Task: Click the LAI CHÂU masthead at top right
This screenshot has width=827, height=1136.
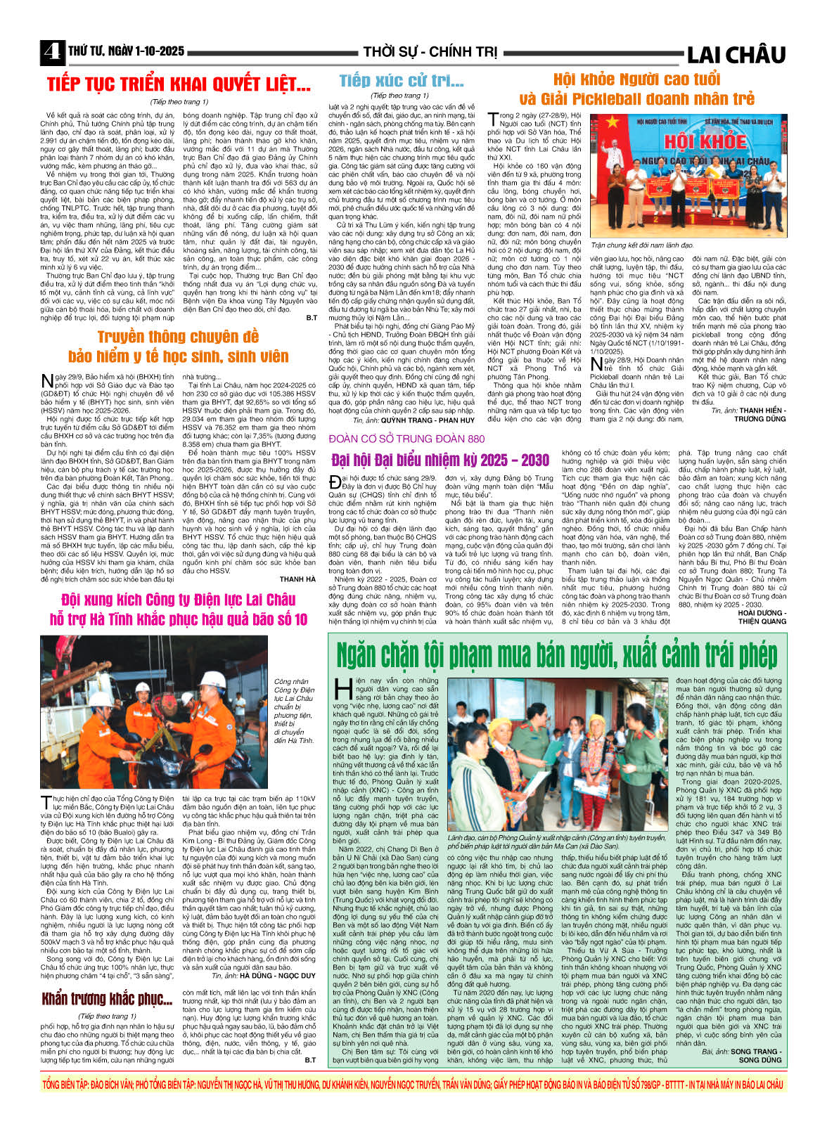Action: tap(736, 54)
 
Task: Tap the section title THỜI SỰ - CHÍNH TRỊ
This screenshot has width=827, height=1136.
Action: tap(430, 52)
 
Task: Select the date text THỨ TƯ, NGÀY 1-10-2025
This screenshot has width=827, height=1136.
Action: tap(127, 51)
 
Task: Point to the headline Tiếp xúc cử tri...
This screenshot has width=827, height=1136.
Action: tap(401, 81)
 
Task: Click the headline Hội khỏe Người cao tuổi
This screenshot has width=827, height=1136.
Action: tap(636, 79)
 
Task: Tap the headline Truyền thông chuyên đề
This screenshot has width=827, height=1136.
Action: tap(178, 337)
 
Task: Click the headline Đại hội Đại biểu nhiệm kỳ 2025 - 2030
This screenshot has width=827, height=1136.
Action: tap(440, 460)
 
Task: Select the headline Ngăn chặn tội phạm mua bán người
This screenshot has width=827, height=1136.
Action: tap(556, 655)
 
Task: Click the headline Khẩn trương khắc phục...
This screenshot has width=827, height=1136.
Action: tap(106, 999)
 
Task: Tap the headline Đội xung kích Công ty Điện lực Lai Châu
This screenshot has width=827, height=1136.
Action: tap(178, 600)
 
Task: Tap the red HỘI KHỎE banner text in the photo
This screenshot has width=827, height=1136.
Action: tap(695, 141)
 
